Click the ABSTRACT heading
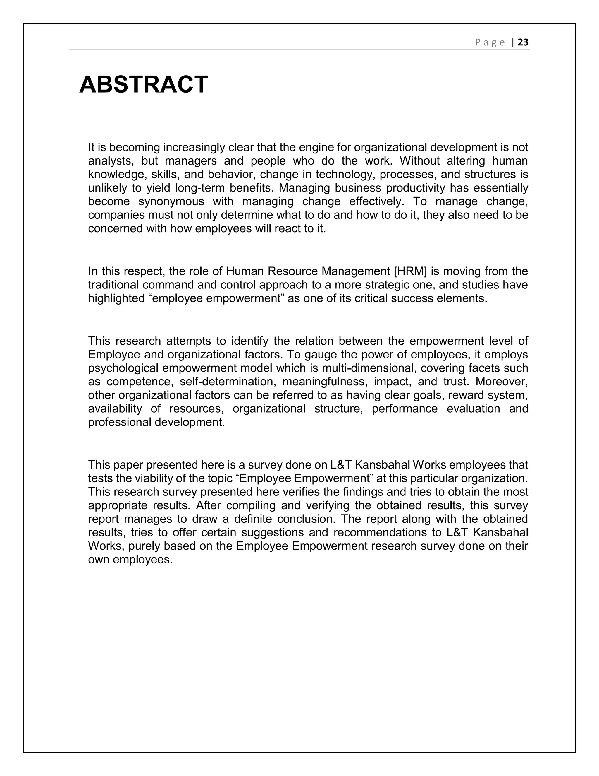[143, 85]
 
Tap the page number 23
[523, 43]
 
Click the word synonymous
[171, 201]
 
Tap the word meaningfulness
[324, 382]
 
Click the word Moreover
[501, 382]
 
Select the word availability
[115, 408]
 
